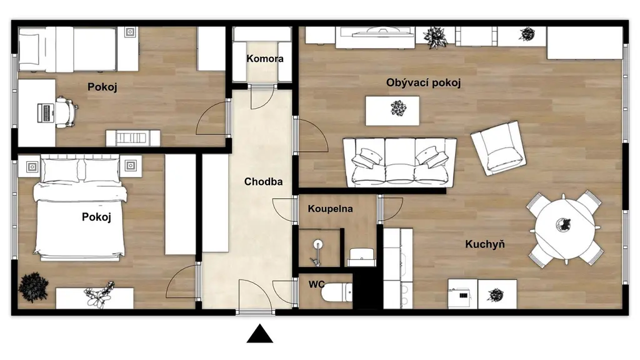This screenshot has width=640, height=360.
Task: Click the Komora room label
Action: click(265, 59)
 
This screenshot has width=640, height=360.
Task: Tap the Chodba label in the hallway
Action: click(263, 182)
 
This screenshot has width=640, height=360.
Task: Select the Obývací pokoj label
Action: click(424, 83)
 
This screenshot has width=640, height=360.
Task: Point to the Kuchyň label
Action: click(485, 244)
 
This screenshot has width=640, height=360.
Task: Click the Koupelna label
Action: click(330, 209)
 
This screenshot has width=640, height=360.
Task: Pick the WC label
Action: click(317, 284)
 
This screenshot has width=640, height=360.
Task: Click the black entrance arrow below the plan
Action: click(260, 334)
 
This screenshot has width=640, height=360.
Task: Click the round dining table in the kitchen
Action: click(565, 229)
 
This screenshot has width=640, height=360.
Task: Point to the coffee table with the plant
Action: click(392, 111)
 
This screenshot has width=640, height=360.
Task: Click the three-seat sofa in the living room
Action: click(399, 162)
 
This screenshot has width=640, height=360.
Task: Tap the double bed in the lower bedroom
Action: click(80, 207)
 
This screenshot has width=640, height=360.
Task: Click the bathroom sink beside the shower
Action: click(362, 257)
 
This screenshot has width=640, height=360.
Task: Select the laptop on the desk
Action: click(46, 112)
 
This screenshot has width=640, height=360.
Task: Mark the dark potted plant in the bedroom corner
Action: click(33, 287)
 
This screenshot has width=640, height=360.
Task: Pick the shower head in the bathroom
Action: click(318, 244)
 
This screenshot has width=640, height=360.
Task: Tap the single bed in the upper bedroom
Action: click(78, 49)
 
